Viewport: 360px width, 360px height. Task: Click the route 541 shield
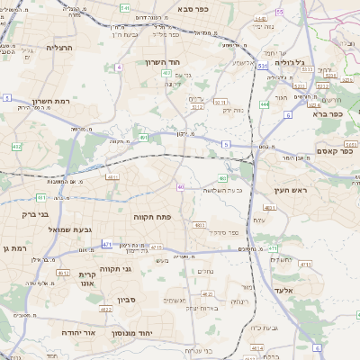coord(123,7)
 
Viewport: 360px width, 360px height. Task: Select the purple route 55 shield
coord(280,12)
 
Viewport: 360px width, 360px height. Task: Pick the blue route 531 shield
coord(262,66)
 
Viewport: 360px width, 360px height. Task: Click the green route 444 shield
coord(265,104)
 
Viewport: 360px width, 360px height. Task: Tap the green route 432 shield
coord(17,145)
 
